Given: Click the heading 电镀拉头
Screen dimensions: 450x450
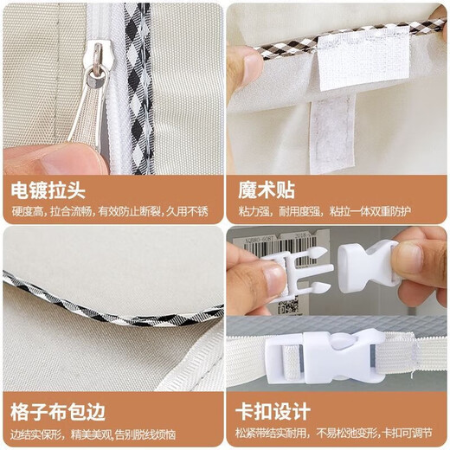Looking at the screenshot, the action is point(48,190).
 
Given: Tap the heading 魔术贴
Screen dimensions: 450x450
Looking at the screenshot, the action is point(267,190).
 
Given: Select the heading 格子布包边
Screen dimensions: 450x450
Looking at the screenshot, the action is point(58,412).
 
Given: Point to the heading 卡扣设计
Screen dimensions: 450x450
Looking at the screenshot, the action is point(273,411).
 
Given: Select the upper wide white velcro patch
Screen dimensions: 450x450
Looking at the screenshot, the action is point(363,59).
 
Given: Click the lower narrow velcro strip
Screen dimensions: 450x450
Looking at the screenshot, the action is point(332,134).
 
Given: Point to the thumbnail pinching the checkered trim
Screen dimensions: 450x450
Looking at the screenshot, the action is point(254,67).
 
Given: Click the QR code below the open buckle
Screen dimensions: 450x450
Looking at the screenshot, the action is point(288,305).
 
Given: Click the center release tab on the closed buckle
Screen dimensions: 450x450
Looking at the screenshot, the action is point(344,341).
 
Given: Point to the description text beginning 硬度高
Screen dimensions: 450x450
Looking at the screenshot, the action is point(110,212).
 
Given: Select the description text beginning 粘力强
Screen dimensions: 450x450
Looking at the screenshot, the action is point(325,212).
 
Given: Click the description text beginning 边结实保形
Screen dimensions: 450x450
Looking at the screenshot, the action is point(93,434).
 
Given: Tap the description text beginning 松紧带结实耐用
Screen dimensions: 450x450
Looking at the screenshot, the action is point(334,434).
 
